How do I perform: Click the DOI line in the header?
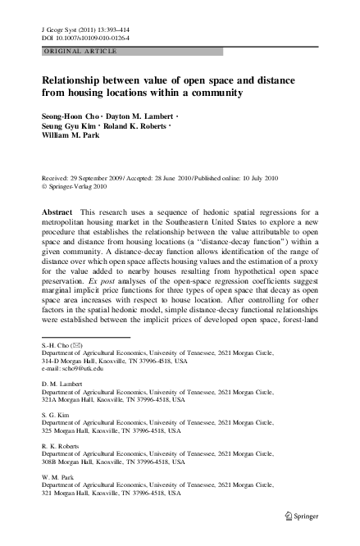click(x=82, y=36)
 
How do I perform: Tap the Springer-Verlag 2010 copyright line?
click(x=83, y=185)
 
